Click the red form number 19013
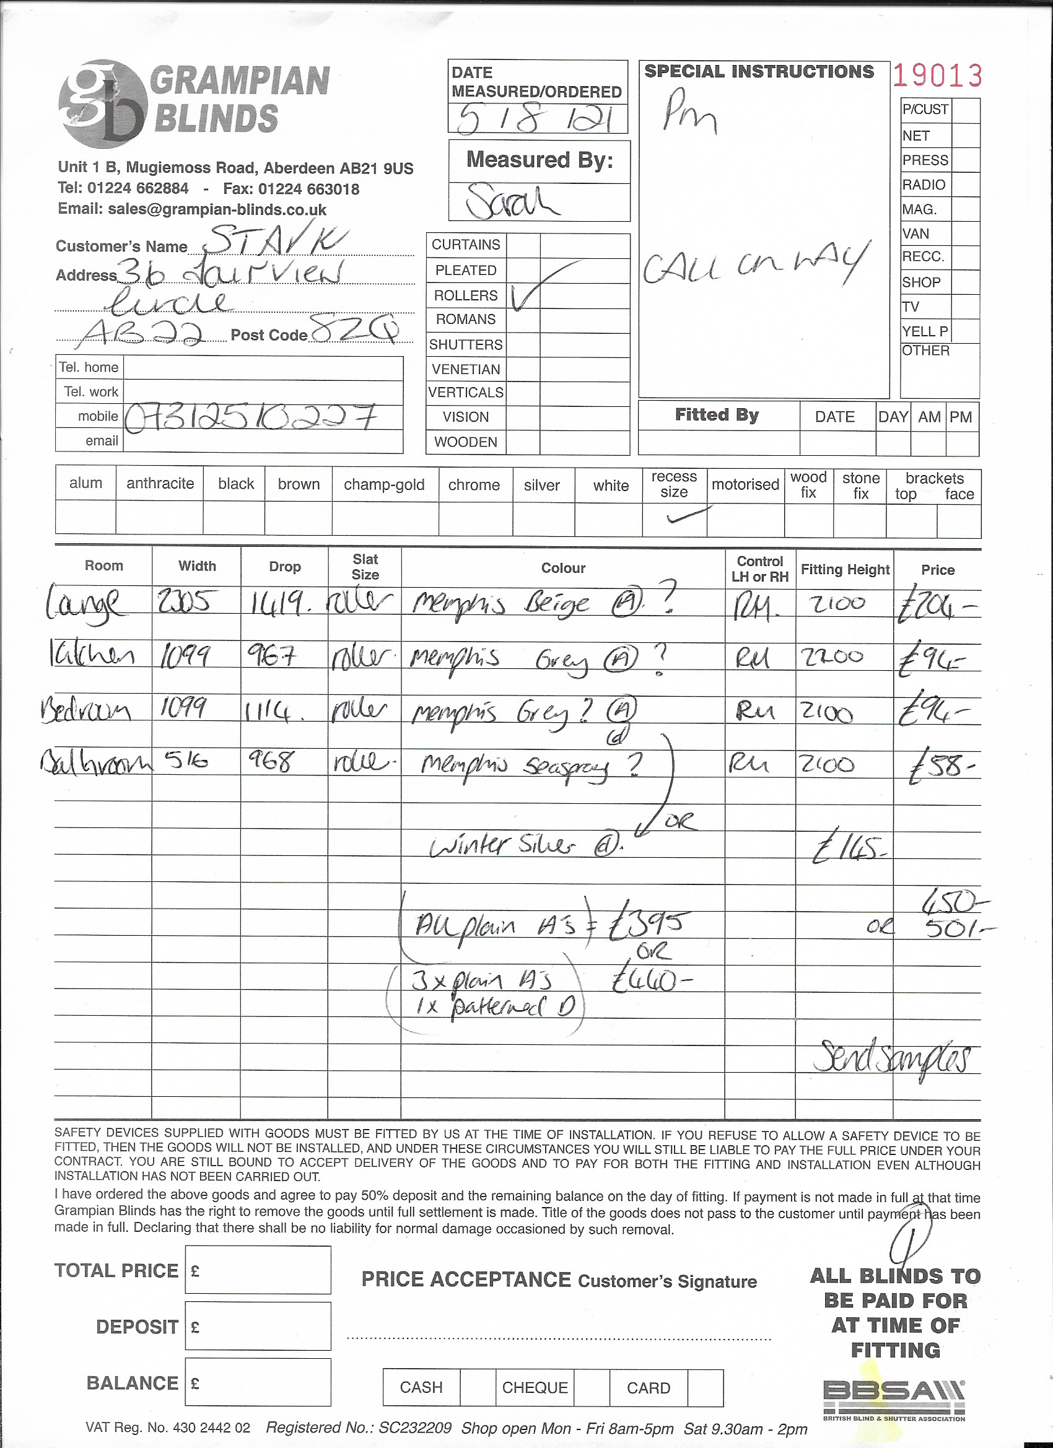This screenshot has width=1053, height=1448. pyautogui.click(x=937, y=76)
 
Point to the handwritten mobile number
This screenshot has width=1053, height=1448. pyautogui.click(x=250, y=417)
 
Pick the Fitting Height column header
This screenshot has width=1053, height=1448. pyautogui.click(x=845, y=570)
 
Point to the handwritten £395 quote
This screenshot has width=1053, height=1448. pyautogui.click(x=647, y=923)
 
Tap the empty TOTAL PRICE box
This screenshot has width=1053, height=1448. pyautogui.click(x=258, y=1270)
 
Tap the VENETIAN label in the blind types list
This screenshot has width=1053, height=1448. pyautogui.click(x=466, y=369)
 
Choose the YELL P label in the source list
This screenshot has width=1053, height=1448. pyautogui.click(x=925, y=331)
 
